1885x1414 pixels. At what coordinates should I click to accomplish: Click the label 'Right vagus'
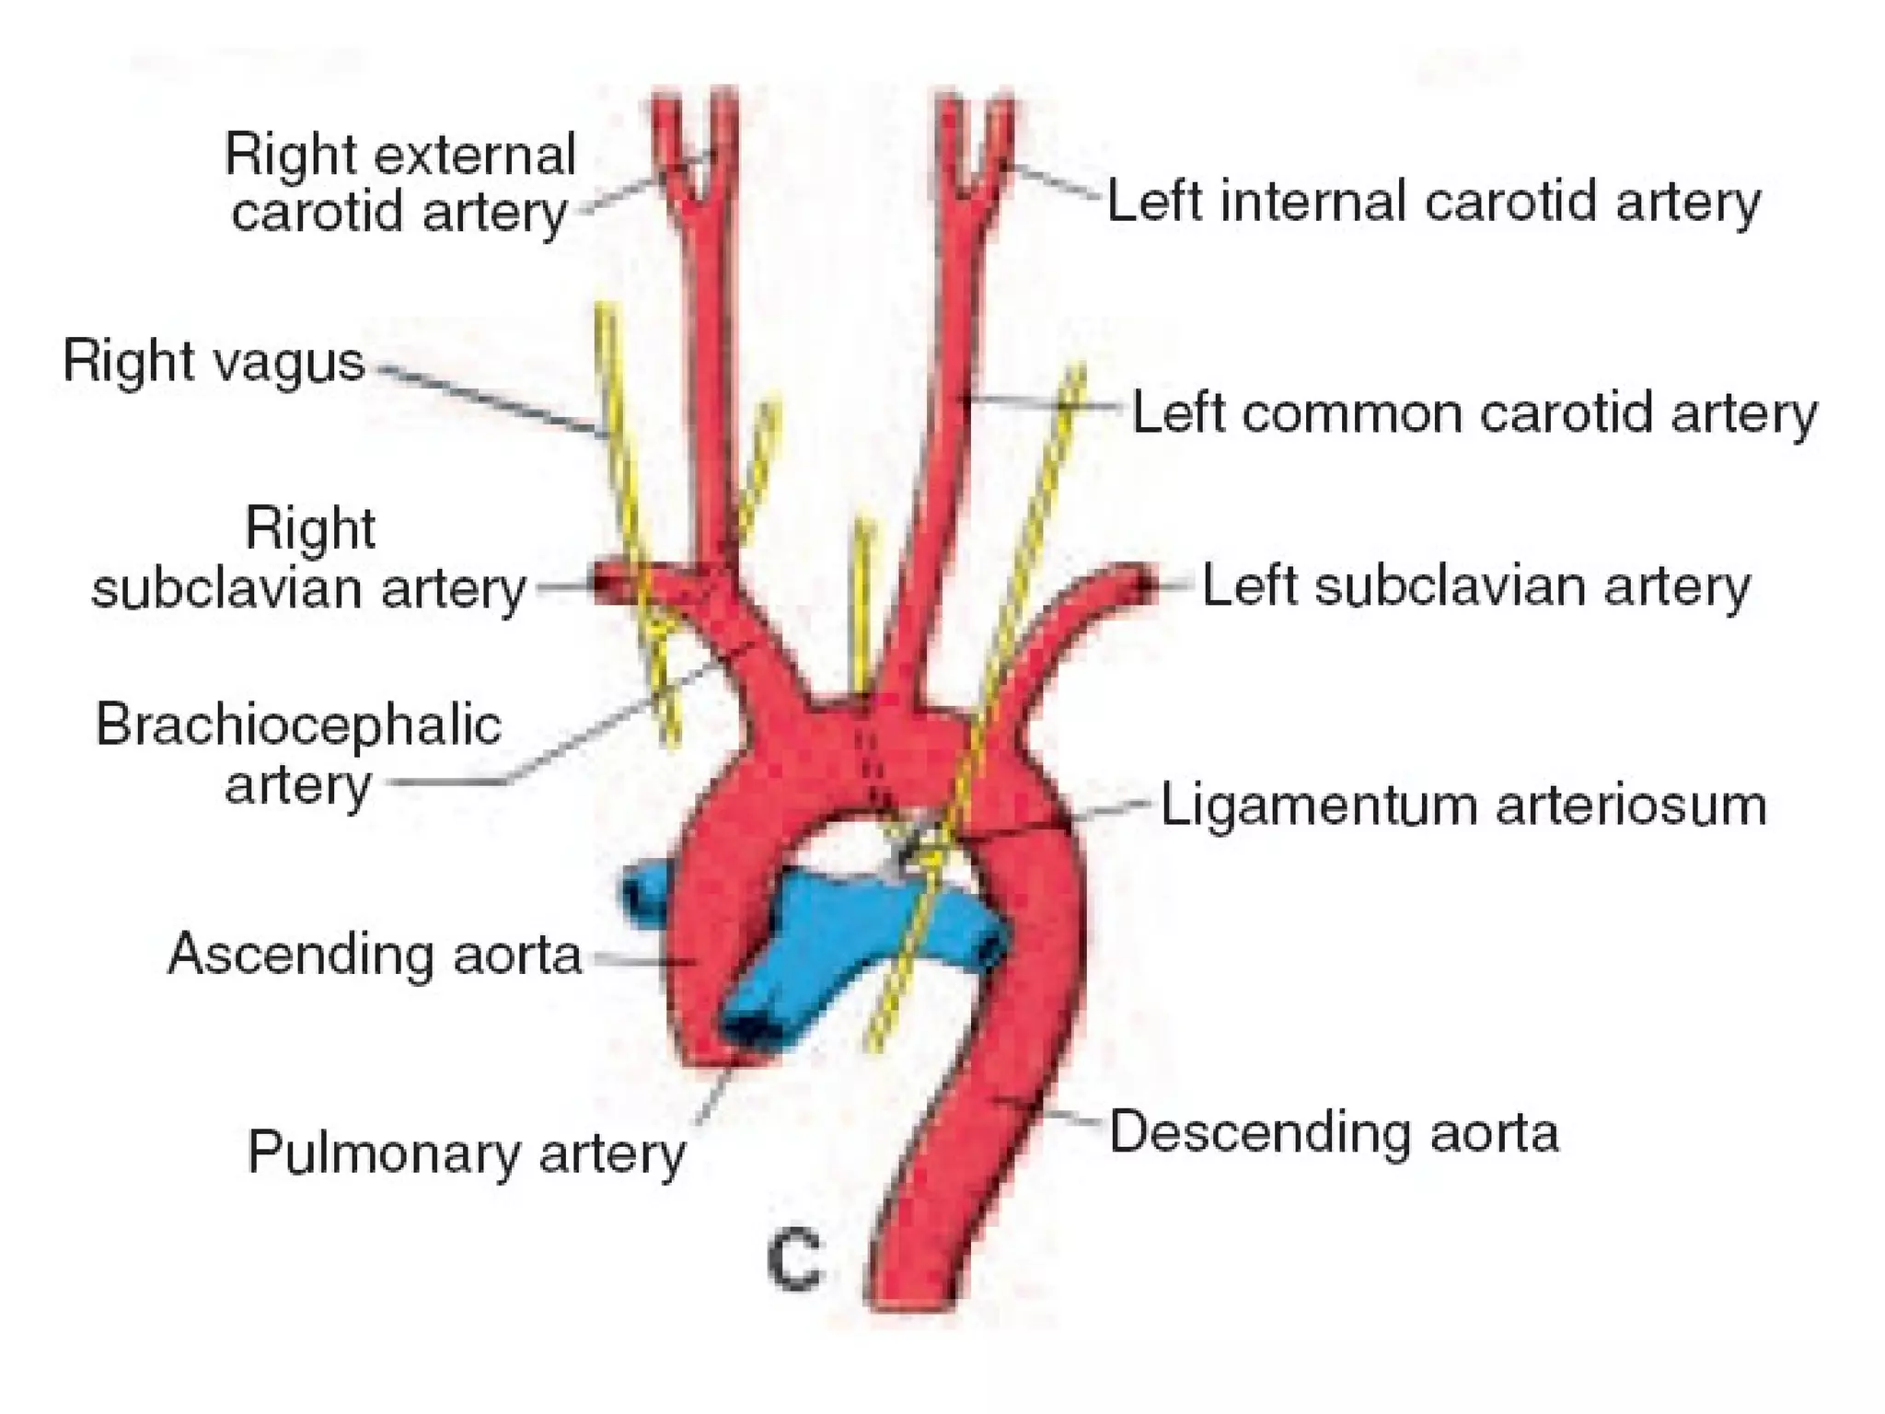pyautogui.click(x=214, y=361)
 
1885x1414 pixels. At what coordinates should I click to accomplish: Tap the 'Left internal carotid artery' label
pyautogui.click(x=1433, y=202)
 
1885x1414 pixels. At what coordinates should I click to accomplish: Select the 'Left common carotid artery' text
pyautogui.click(x=1474, y=413)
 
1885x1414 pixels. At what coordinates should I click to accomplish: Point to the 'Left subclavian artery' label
pyautogui.click(x=1475, y=586)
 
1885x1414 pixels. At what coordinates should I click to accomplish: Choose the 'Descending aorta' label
pyautogui.click(x=1334, y=1131)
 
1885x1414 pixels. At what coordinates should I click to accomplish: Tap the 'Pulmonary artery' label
pyautogui.click(x=467, y=1152)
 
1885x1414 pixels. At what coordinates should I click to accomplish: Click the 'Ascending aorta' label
pyautogui.click(x=375, y=954)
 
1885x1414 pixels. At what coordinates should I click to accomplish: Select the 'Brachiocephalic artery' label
pyautogui.click(x=298, y=754)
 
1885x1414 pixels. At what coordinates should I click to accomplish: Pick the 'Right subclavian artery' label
pyautogui.click(x=309, y=559)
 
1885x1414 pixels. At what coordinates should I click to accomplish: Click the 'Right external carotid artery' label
pyautogui.click(x=400, y=182)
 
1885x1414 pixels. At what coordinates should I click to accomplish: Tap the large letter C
pyautogui.click(x=794, y=1258)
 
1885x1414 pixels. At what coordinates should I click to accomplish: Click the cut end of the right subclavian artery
pyautogui.click(x=607, y=584)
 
